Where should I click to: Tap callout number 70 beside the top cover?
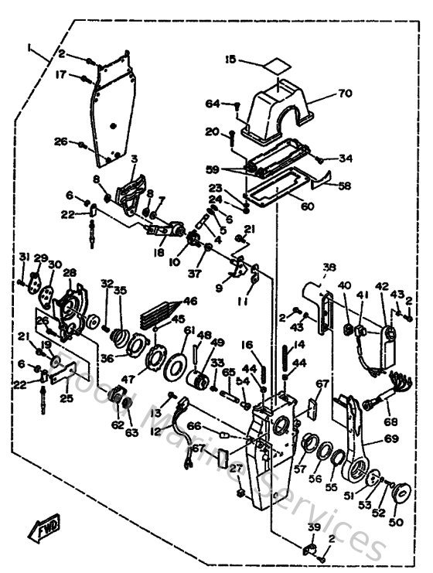pyautogui.click(x=344, y=94)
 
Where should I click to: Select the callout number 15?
pyautogui.click(x=230, y=59)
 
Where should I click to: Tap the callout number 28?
pyautogui.click(x=70, y=272)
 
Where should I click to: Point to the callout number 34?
pyautogui.click(x=346, y=159)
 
